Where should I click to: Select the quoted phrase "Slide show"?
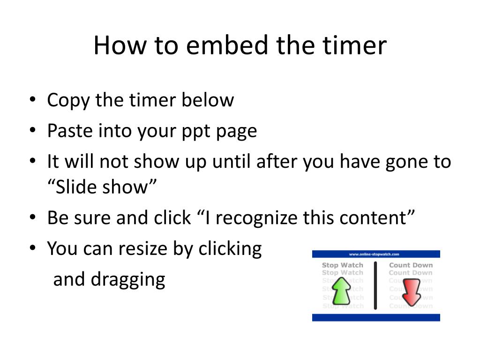pyautogui.click(x=101, y=187)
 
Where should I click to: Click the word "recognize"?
pyautogui.click(x=247, y=218)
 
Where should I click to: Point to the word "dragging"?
pyautogui.click(x=128, y=280)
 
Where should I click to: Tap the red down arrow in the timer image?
pyautogui.click(x=411, y=292)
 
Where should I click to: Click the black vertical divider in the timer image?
pyautogui.click(x=375, y=285)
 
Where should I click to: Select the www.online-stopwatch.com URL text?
pyautogui.click(x=374, y=254)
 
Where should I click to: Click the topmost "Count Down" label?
pyautogui.click(x=411, y=265)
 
